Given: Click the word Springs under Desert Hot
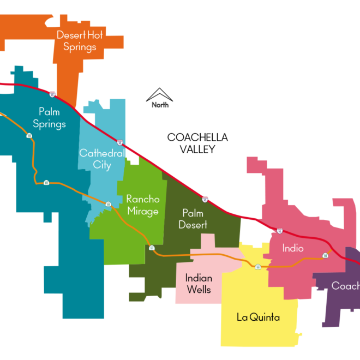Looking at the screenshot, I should [x=80, y=47].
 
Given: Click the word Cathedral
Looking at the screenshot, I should [x=103, y=153].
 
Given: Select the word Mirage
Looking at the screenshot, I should [x=142, y=212].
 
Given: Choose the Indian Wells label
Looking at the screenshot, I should [x=199, y=284].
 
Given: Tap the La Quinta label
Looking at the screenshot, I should [x=258, y=317].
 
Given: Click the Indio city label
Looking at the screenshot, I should [x=293, y=248].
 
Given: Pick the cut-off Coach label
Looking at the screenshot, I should [x=345, y=286].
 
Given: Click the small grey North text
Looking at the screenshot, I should [x=160, y=105].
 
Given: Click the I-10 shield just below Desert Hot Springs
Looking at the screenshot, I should [x=52, y=94].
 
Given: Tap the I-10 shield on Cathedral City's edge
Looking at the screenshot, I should [x=120, y=142].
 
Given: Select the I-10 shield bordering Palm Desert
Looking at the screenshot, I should [x=205, y=200].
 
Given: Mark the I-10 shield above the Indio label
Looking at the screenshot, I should [x=280, y=231].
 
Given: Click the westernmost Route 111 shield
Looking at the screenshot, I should [x=29, y=136].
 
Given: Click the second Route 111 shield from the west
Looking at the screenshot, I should [x=46, y=182].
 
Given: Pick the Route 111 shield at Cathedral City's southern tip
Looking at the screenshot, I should [x=108, y=204].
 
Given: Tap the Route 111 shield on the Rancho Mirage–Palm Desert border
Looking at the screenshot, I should [x=152, y=248].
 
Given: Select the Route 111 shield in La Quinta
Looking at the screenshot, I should [x=258, y=267].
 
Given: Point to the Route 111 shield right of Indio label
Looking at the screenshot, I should [x=326, y=255].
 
